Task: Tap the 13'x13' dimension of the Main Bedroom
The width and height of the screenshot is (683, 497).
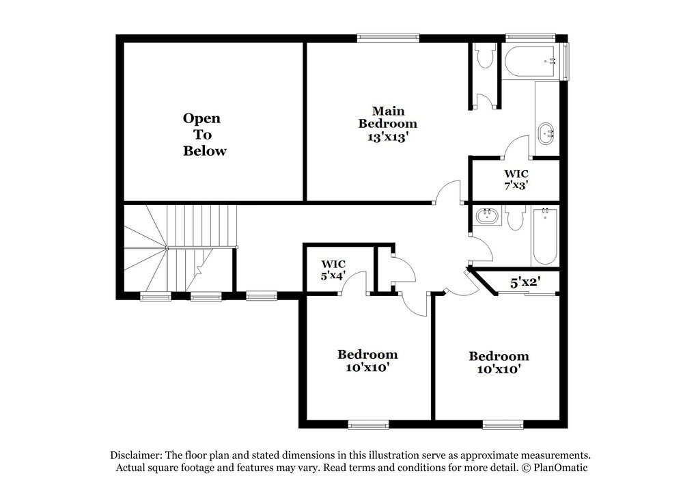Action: pyautogui.click(x=387, y=136)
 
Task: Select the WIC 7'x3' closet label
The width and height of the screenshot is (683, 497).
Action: pyautogui.click(x=516, y=178)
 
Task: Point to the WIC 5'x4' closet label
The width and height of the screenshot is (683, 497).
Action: pyautogui.click(x=333, y=269)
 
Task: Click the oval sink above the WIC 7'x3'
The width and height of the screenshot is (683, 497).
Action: pyautogui.click(x=547, y=133)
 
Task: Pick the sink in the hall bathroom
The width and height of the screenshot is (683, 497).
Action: pyautogui.click(x=488, y=217)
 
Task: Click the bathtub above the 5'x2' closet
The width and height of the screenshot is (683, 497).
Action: pyautogui.click(x=545, y=236)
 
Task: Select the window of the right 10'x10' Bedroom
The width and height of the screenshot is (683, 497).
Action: pyautogui.click(x=503, y=425)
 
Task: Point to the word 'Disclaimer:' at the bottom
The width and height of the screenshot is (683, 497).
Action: pyautogui.click(x=137, y=455)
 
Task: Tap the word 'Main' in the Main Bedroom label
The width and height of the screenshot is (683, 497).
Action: pyautogui.click(x=388, y=111)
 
